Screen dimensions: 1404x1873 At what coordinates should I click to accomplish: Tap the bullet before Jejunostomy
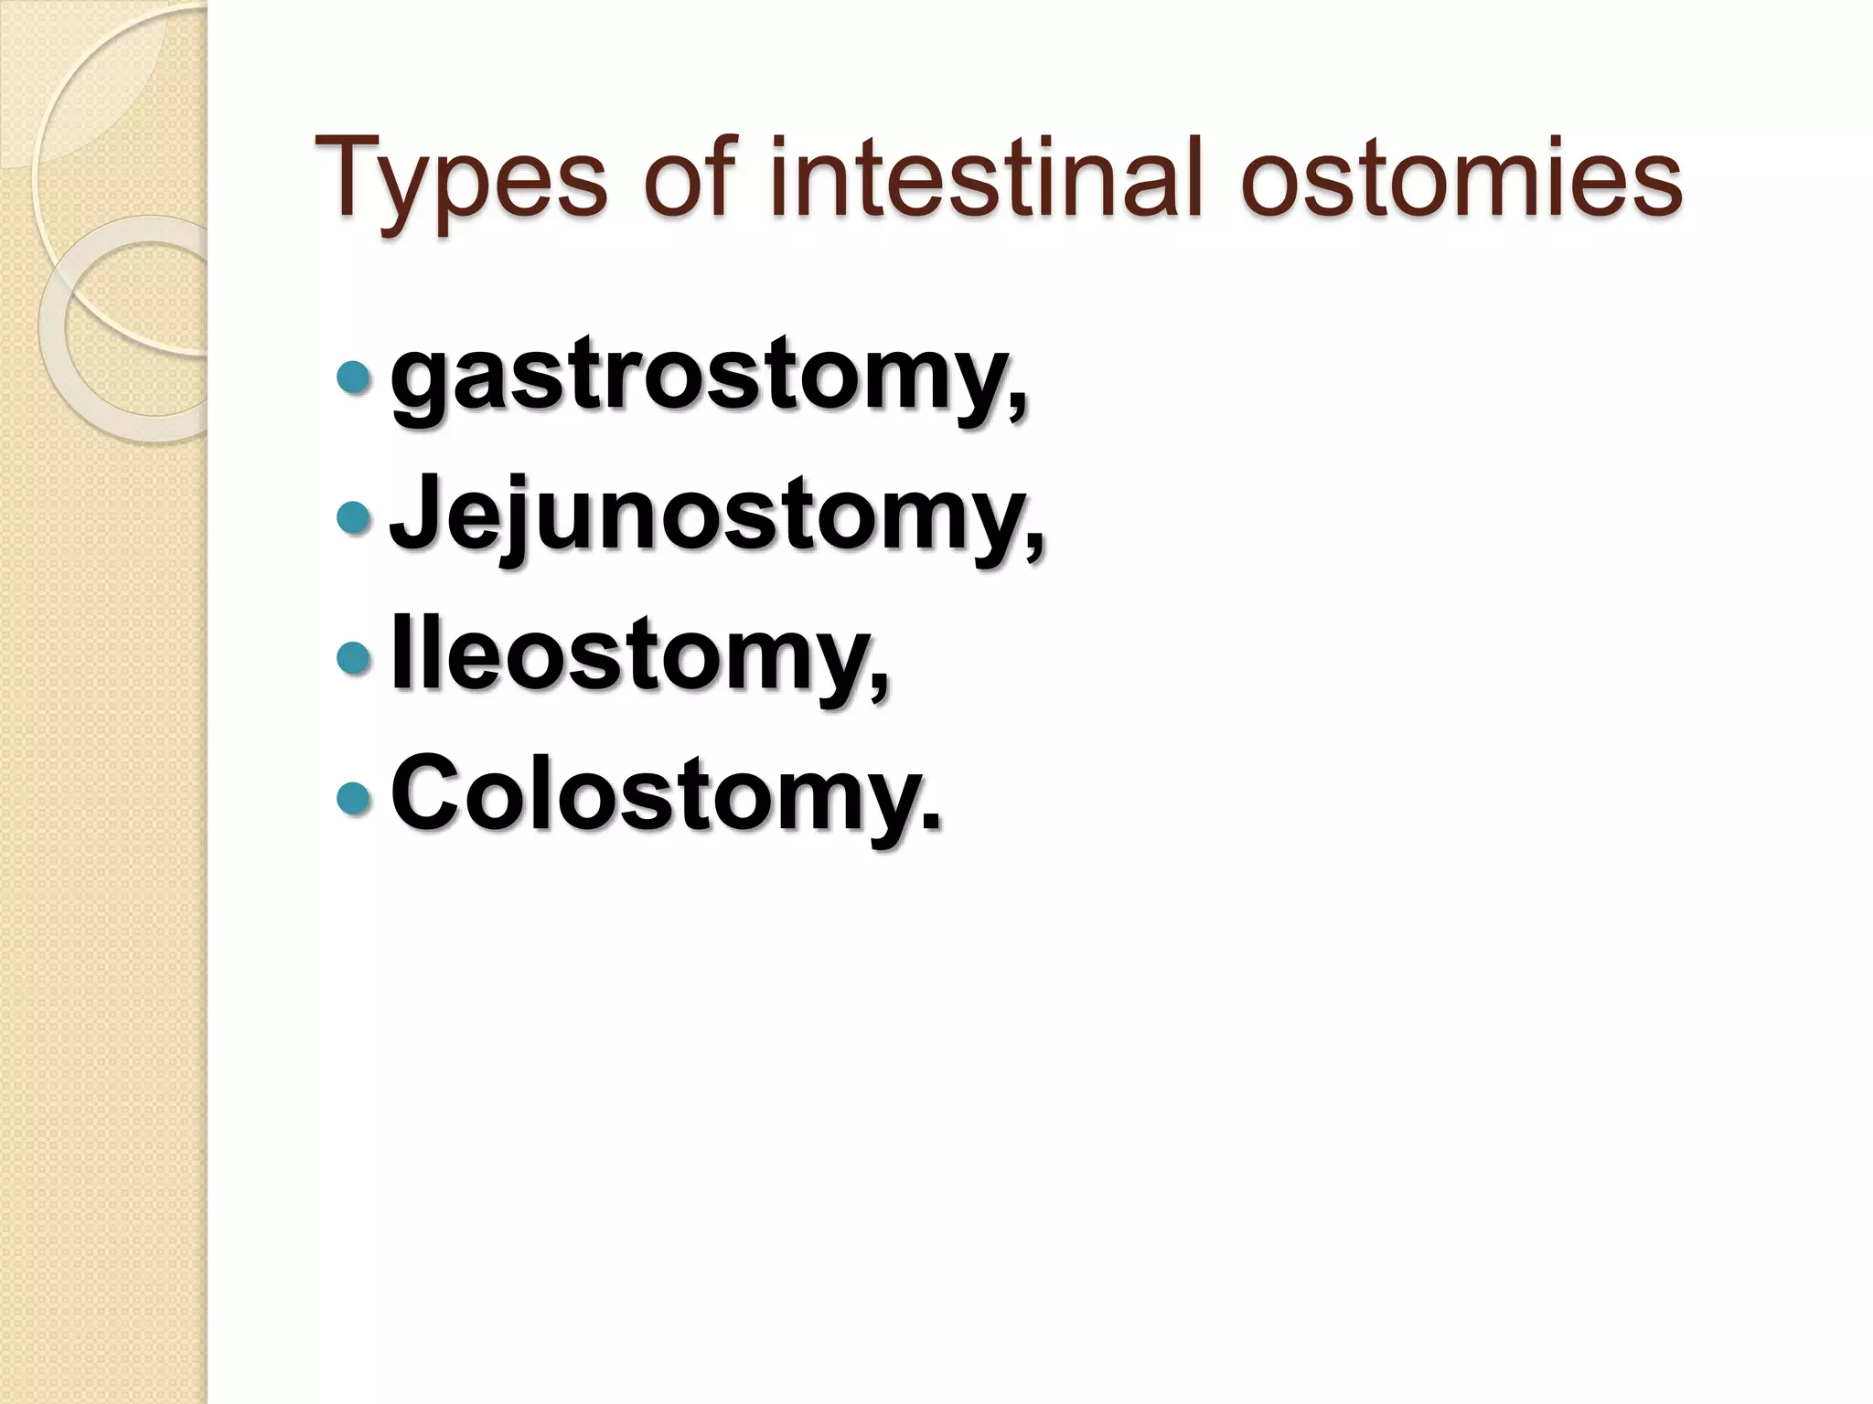354,517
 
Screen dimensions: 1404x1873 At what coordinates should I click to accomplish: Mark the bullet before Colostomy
354,797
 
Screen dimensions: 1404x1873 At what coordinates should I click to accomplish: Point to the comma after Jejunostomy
1034,548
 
